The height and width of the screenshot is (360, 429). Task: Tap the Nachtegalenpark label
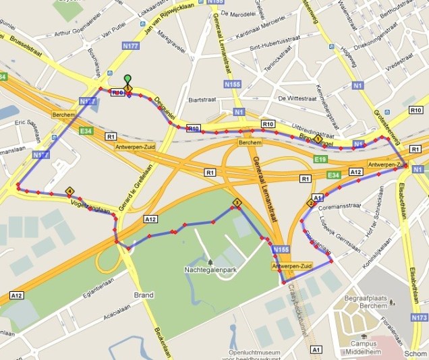tap(210, 269)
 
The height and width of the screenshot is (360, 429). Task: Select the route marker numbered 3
tap(237, 202)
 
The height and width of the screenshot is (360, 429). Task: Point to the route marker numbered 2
tap(311, 203)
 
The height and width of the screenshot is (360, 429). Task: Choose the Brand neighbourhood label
tap(144, 295)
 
